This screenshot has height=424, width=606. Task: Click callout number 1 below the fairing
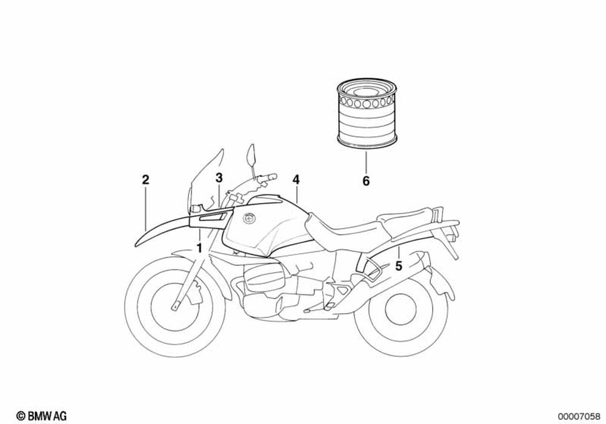click(x=199, y=248)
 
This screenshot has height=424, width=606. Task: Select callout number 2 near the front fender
click(x=145, y=180)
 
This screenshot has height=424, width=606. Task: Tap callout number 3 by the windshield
click(x=219, y=177)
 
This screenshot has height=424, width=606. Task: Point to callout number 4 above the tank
click(x=296, y=180)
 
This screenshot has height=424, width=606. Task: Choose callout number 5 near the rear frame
click(x=398, y=265)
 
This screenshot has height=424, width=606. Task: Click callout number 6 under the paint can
click(x=366, y=181)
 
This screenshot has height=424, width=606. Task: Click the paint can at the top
click(x=365, y=112)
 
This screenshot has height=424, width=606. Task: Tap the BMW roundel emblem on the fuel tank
click(x=249, y=220)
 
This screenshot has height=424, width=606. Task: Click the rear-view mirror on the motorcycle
click(x=252, y=153)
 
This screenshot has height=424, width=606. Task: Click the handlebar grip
click(x=267, y=177)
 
